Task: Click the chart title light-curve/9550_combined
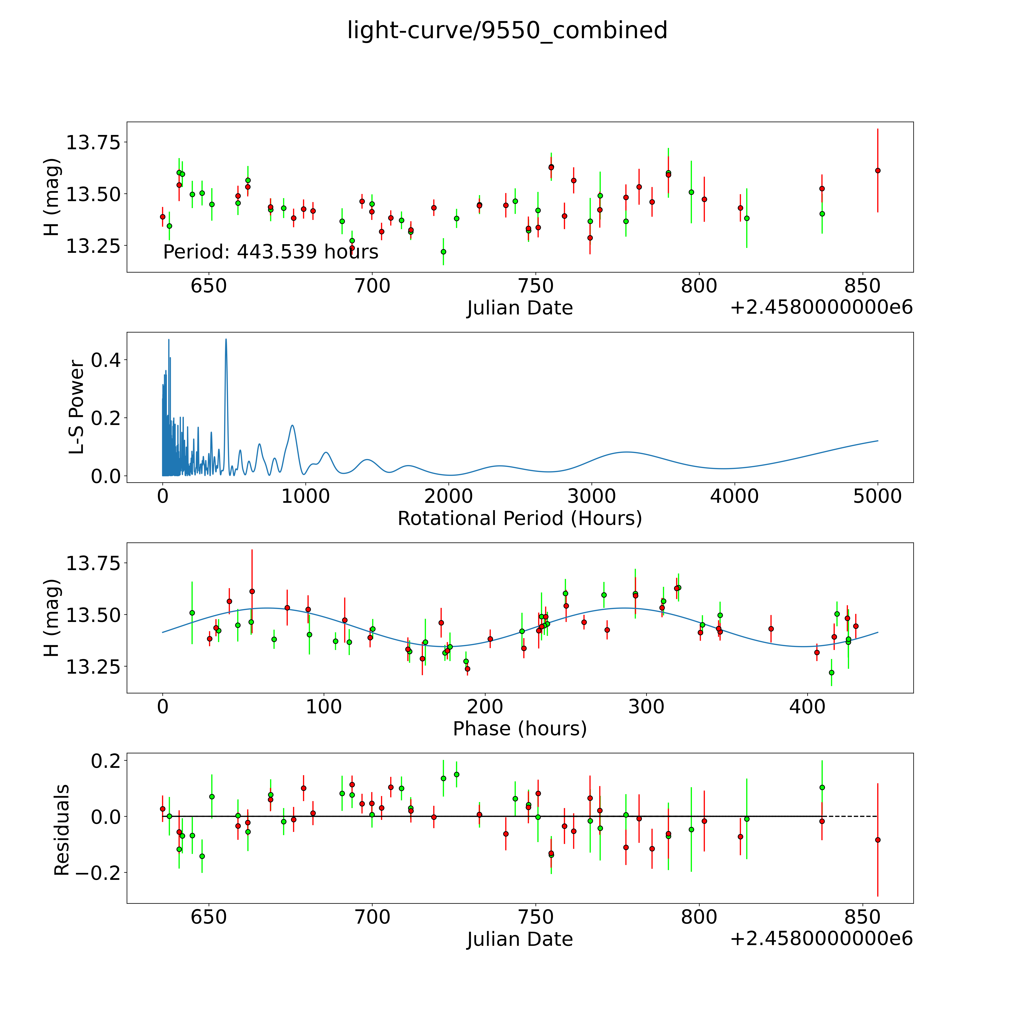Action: pyautogui.click(x=507, y=30)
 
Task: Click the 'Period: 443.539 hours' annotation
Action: pyautogui.click(x=270, y=252)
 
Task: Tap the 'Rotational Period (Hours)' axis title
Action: pyautogui.click(x=520, y=519)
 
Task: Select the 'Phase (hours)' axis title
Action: pyautogui.click(x=520, y=729)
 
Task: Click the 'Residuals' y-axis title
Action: pyautogui.click(x=62, y=830)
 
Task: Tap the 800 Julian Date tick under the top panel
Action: pyautogui.click(x=699, y=286)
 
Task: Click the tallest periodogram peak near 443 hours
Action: pyautogui.click(x=226, y=339)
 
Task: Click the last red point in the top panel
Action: pyautogui.click(x=877, y=170)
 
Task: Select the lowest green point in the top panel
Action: pyautogui.click(x=443, y=252)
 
